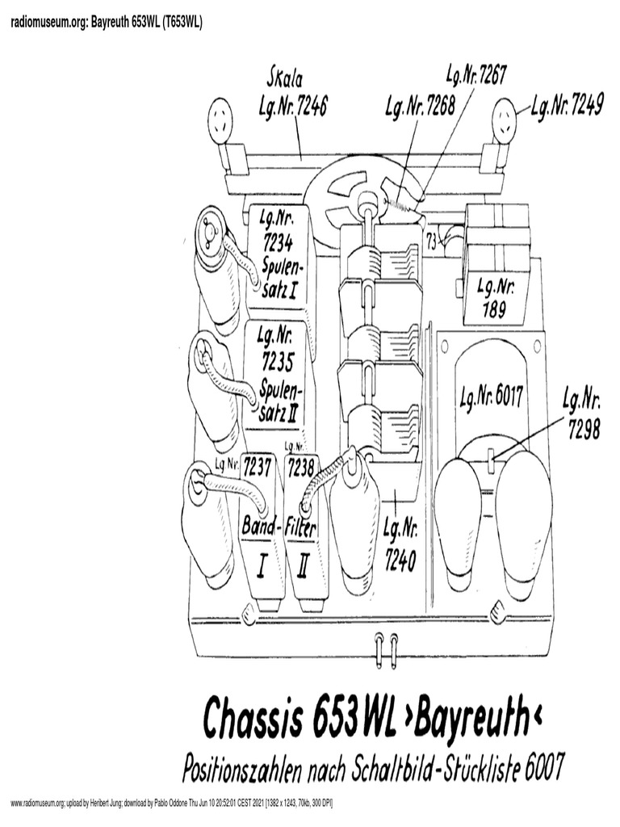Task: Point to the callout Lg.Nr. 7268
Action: click(x=418, y=107)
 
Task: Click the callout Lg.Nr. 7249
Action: click(x=566, y=105)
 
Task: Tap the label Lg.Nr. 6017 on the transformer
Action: click(x=492, y=397)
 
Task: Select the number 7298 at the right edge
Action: click(x=581, y=431)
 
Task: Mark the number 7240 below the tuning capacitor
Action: click(x=400, y=557)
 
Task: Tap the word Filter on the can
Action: click(x=301, y=527)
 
